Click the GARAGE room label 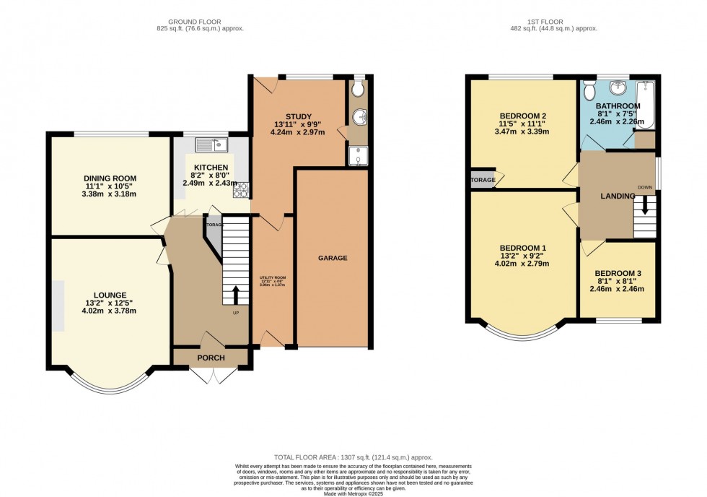(x=333, y=258)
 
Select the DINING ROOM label (x=110, y=178)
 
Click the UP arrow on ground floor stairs (x=235, y=295)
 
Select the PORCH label (x=211, y=358)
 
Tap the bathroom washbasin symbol (x=618, y=88)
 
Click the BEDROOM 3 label (x=618, y=274)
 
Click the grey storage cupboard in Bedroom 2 (x=481, y=179)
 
